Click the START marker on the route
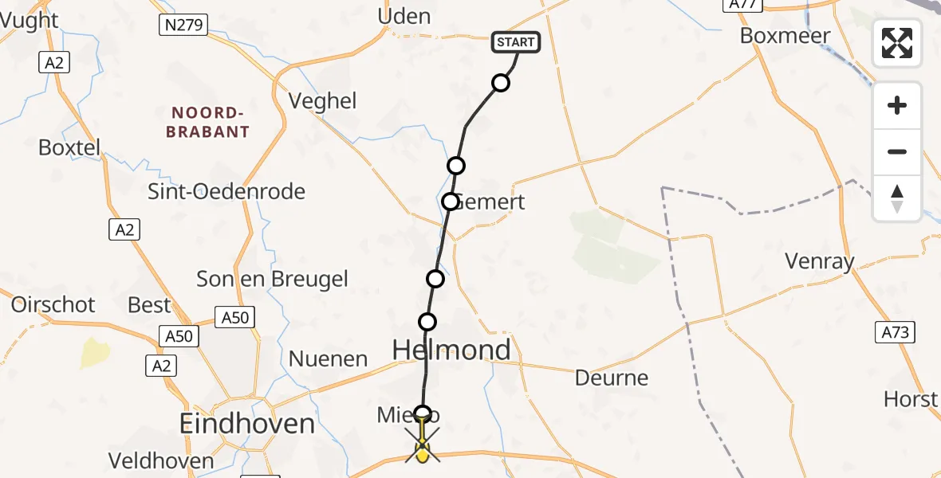tap(518, 41)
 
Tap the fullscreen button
tap(897, 42)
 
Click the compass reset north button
tap(897, 198)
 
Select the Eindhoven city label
tap(247, 423)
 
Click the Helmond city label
tap(451, 350)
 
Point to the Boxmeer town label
tap(785, 36)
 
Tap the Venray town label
tap(820, 261)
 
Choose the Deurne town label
tap(612, 377)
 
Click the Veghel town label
tap(322, 101)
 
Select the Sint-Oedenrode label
tap(226, 191)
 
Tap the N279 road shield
tap(183, 25)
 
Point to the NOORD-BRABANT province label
tap(207, 122)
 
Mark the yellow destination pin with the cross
tap(422, 449)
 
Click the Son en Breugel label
tap(272, 279)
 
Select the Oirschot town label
tap(53, 304)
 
